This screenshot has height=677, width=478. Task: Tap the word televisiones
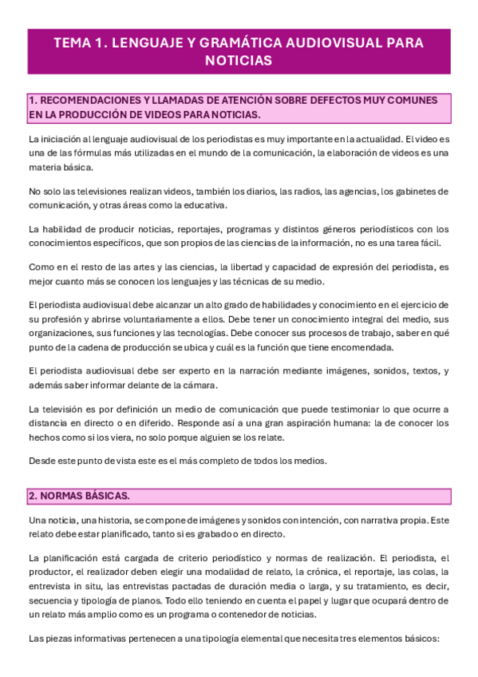tap(100, 192)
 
